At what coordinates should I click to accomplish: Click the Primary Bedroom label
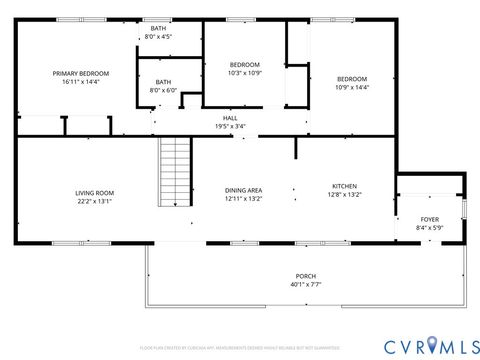(81, 73)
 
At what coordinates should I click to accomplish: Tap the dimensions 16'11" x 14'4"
(81, 82)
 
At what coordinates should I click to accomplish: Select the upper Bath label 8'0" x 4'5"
(158, 33)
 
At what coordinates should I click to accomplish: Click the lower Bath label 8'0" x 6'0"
(162, 86)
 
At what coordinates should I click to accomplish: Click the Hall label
(230, 118)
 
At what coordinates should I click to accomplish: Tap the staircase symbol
(175, 171)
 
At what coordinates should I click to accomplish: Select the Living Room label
(95, 192)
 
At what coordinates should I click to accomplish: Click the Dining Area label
(243, 190)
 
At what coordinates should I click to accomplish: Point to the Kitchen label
(344, 185)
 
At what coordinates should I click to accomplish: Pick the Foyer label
(429, 219)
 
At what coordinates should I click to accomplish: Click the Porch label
(305, 276)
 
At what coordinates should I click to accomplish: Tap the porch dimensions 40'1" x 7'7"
(305, 285)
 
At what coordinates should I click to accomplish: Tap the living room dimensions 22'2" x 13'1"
(95, 201)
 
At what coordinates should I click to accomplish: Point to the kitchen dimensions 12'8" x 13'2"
(344, 194)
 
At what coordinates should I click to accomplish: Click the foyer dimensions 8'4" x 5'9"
(429, 228)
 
